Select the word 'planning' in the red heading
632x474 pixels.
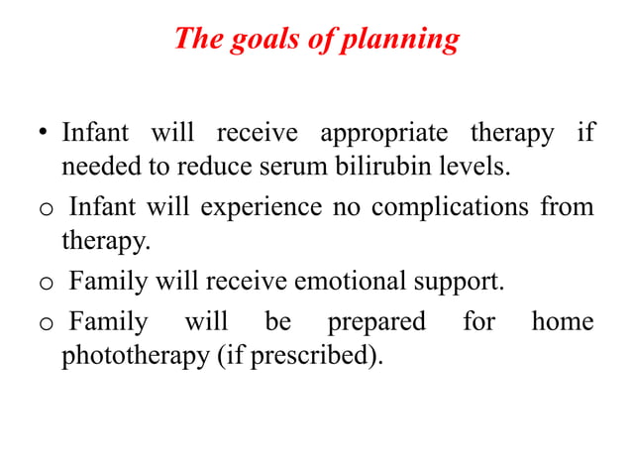(x=405, y=41)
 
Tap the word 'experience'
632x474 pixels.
(x=263, y=208)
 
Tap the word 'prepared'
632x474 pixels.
(x=376, y=322)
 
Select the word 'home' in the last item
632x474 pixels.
(x=563, y=321)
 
